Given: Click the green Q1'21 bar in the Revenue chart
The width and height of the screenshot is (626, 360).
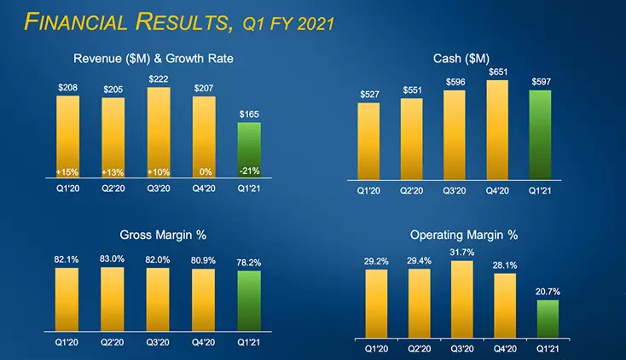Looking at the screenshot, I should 249,150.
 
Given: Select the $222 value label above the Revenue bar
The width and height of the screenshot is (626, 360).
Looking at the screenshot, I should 158,78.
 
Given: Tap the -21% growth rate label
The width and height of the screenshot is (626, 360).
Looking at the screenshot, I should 249,171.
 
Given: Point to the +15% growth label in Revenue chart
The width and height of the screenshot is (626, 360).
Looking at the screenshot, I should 68,172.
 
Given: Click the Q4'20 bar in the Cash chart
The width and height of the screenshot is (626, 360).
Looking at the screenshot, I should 497,130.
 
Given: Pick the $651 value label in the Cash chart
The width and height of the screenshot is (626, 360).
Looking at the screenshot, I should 497,73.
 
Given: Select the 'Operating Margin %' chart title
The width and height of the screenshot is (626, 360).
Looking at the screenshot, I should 463,235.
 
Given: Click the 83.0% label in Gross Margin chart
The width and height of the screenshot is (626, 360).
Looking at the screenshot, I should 113,259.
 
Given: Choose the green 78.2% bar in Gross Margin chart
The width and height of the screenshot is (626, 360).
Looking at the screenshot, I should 249,296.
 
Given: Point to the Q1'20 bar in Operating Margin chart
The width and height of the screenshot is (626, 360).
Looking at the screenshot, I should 376,303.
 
